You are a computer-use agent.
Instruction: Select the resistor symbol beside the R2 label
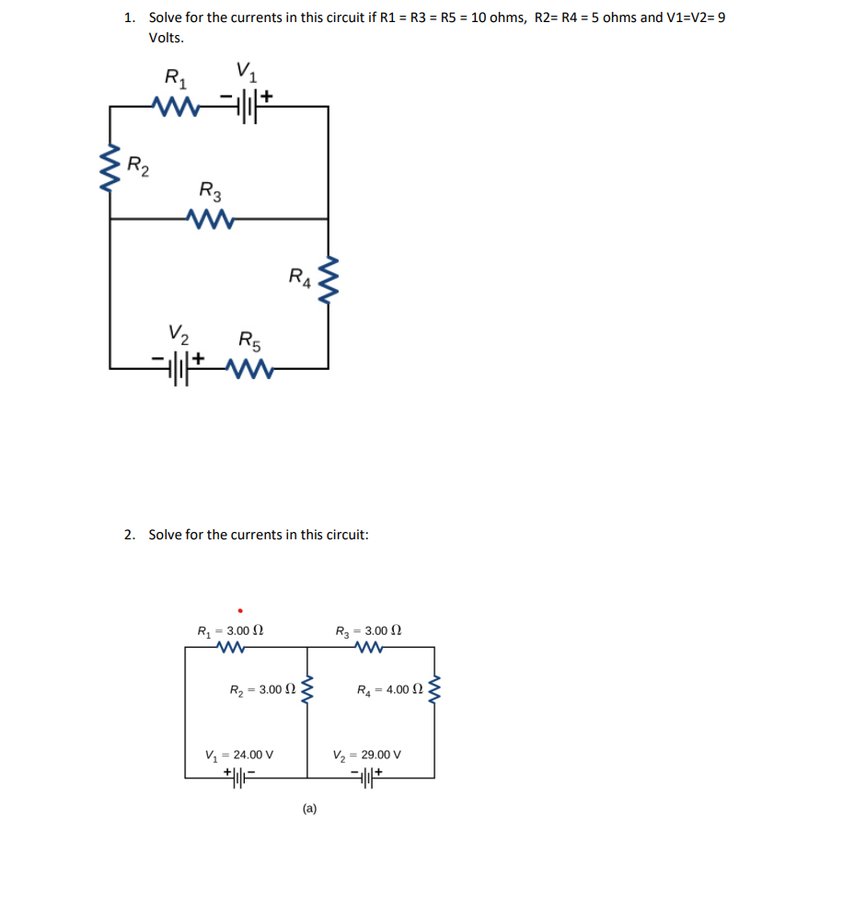point(111,165)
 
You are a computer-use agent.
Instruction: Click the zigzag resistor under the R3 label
point(212,219)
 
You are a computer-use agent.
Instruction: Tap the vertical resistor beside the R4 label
point(328,281)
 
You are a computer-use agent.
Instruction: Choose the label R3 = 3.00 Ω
point(369,631)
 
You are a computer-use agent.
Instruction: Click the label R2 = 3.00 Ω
point(262,688)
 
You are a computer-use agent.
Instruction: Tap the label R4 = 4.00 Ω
point(390,688)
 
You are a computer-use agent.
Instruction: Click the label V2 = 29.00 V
point(367,756)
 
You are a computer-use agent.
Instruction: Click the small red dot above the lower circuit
point(240,608)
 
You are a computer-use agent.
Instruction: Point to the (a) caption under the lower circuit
point(309,809)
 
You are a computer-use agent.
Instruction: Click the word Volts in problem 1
point(166,39)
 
